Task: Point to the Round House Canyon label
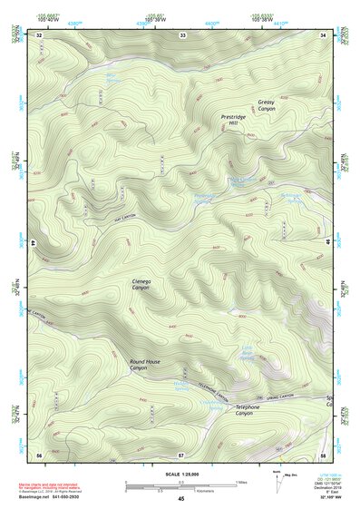[144, 365]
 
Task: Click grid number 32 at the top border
[40, 34]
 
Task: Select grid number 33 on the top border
[182, 34]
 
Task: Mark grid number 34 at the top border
[324, 34]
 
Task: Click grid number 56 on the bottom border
[40, 453]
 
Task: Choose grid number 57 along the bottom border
[181, 453]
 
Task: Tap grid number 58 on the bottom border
[323, 453]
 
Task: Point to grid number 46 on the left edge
[34, 243]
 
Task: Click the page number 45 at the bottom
[181, 499]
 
